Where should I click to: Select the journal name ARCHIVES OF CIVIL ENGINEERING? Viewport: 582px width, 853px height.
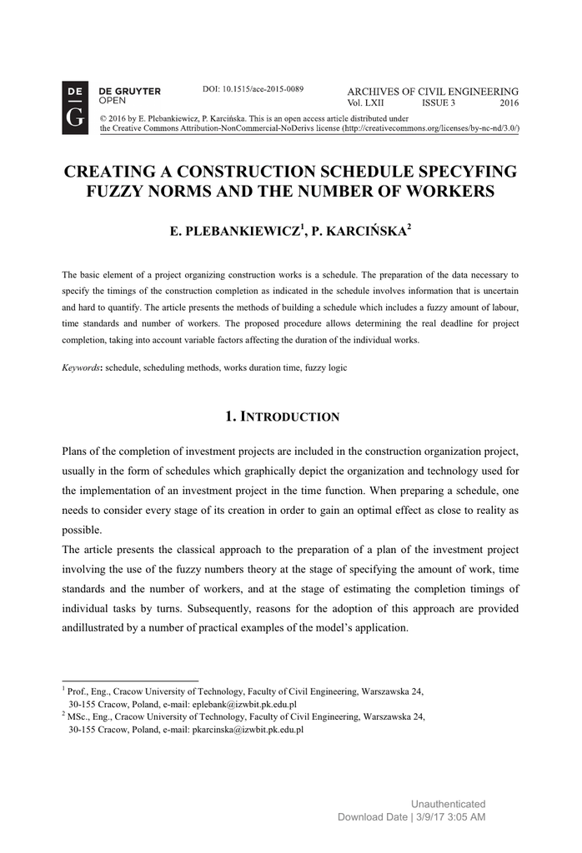[432, 92]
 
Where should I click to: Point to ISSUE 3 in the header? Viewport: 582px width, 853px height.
[439, 103]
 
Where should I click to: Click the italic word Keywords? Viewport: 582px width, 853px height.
[82, 367]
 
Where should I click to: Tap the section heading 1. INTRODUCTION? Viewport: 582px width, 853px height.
[283, 416]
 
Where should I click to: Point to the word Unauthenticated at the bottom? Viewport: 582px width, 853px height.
[448, 804]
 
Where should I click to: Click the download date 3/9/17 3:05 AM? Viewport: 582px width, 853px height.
[450, 817]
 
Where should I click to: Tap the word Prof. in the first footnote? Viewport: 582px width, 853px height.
[78, 691]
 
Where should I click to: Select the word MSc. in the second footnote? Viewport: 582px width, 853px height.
[79, 716]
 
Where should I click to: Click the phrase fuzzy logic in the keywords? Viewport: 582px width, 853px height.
[326, 367]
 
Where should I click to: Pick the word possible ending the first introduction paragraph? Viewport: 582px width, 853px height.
[82, 530]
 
